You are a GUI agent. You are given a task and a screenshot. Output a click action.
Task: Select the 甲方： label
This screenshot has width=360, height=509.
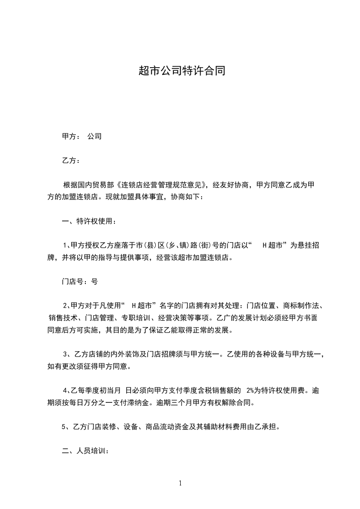[x=71, y=136]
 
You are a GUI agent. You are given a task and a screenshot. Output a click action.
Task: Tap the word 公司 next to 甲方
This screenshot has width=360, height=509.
[x=94, y=136]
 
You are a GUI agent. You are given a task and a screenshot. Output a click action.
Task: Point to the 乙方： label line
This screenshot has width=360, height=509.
[x=71, y=161]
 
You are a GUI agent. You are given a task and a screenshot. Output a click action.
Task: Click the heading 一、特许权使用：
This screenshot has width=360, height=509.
[x=89, y=221]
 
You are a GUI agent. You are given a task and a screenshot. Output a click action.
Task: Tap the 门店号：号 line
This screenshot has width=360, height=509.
[x=79, y=281]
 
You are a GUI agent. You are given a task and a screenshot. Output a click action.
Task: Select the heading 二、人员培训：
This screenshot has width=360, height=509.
[x=85, y=451]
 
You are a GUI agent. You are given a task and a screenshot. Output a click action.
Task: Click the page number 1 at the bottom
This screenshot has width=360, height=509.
[x=180, y=483]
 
